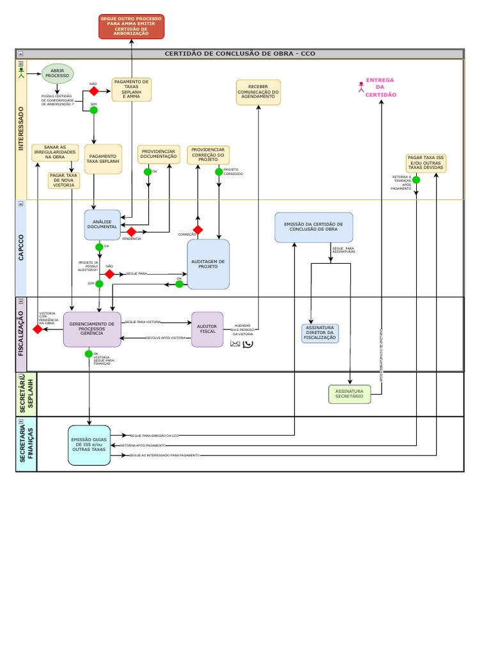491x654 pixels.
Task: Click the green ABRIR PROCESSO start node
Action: coord(58,73)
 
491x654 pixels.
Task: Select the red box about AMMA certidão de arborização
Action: coord(132,26)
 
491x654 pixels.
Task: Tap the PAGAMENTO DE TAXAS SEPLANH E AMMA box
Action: coord(132,90)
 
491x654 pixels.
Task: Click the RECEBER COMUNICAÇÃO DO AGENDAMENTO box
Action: coord(258,93)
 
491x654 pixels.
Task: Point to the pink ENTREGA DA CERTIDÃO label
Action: coord(380,87)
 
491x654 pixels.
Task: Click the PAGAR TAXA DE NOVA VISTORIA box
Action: coord(64,180)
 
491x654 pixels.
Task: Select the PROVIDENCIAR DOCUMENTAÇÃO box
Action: coord(159,155)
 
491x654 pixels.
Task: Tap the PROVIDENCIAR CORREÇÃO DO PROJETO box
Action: coord(208,155)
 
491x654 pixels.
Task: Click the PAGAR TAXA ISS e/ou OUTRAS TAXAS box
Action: coord(426,163)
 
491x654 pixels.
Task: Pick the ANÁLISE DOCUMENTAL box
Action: coord(102,225)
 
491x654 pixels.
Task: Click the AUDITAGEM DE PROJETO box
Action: coord(208,264)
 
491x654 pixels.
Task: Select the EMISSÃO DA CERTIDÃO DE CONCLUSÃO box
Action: coord(313,227)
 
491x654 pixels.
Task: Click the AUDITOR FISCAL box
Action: coord(208,330)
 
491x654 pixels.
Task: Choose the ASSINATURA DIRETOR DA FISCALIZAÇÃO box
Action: coord(320,333)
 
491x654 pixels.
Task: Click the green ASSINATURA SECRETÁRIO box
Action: coord(350,394)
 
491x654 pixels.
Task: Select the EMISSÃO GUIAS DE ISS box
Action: coord(90,445)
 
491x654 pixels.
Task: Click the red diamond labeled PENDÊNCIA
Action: coord(132,231)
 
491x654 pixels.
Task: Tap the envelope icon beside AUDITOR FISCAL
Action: coord(235,344)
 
